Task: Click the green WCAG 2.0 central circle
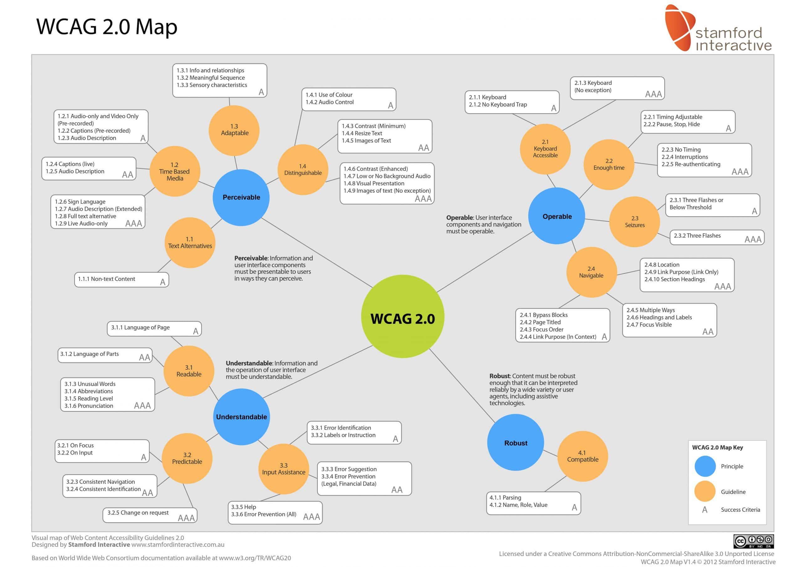402,316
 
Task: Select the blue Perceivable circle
241,197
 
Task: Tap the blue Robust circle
516,442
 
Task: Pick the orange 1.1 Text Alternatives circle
190,243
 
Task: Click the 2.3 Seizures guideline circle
634,221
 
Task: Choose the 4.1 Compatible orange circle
582,456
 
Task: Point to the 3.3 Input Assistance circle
283,469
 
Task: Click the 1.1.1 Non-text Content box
121,279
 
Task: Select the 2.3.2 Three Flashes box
716,237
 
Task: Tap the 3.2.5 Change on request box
149,515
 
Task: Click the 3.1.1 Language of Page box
154,328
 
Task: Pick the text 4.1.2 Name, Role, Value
518,505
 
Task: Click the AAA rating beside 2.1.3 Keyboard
653,94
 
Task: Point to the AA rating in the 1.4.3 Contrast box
423,148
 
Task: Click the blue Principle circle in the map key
705,466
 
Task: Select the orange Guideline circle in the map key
705,491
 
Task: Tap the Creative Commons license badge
753,541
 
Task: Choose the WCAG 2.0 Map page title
107,27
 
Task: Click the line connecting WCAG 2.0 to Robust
462,386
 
